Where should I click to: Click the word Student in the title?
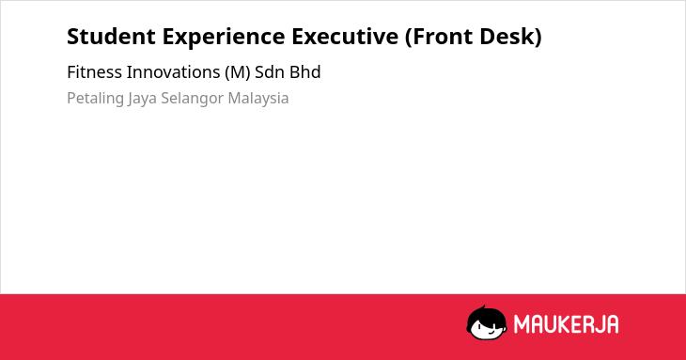click(111, 37)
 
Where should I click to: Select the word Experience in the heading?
click(224, 38)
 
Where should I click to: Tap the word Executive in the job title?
click(345, 37)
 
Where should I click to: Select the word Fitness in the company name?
click(95, 72)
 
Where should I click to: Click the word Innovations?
click(173, 72)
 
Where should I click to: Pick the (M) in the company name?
click(238, 72)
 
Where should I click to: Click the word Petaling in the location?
click(95, 99)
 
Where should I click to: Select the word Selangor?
click(193, 99)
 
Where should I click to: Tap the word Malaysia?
click(258, 99)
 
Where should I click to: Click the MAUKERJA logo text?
click(566, 324)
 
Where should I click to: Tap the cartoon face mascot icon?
click(487, 323)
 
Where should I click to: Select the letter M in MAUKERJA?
click(522, 324)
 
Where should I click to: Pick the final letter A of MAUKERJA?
click(612, 324)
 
